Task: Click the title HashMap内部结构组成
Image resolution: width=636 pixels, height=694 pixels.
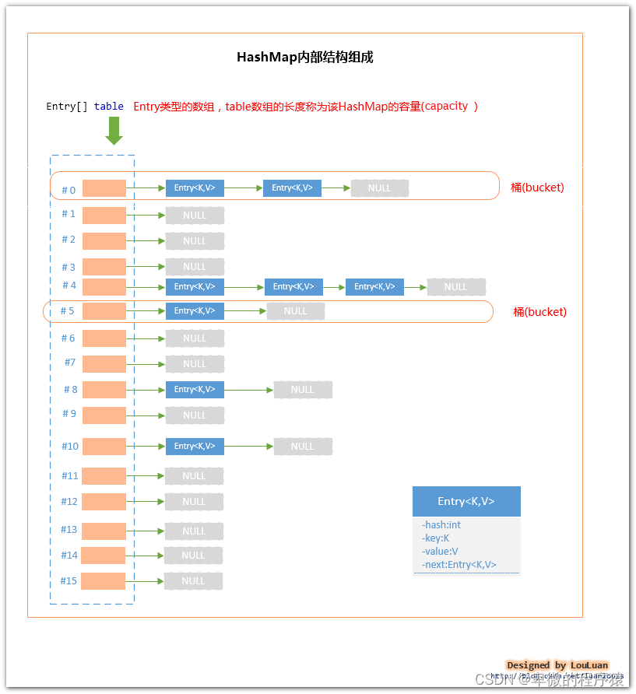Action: [304, 58]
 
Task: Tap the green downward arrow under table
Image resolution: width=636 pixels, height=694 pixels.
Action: [114, 130]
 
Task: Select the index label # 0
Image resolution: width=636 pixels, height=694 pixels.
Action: [69, 190]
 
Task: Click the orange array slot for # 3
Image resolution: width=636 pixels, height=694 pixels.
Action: [104, 266]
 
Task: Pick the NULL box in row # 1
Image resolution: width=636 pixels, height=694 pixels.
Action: [195, 216]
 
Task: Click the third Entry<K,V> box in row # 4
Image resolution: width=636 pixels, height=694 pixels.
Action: [374, 287]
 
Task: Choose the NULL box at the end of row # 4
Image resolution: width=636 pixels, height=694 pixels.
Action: [456, 287]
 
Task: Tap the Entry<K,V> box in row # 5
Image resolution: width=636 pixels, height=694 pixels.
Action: [195, 311]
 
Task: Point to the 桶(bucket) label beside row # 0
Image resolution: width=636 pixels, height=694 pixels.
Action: [537, 188]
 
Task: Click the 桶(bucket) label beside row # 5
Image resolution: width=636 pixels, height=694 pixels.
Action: [539, 312]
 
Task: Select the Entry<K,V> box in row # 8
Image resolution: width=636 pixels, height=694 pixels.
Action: [195, 389]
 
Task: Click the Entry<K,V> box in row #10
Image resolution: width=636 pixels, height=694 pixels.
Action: [195, 446]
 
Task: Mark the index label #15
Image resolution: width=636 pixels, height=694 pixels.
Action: [69, 580]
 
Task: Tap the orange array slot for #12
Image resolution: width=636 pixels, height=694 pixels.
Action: [104, 501]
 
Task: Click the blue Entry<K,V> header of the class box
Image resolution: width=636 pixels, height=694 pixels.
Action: [466, 501]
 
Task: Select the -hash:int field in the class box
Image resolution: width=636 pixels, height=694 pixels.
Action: [441, 525]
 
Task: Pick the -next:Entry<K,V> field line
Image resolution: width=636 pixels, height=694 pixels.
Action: [459, 565]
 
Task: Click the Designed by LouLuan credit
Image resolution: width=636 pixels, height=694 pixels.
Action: [557, 665]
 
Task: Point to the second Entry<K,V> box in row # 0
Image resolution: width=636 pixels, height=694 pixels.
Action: [292, 188]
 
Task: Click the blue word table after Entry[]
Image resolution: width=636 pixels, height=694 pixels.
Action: [109, 107]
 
